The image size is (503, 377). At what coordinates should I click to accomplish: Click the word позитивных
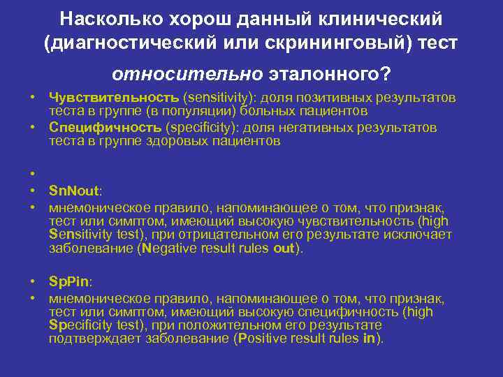328,97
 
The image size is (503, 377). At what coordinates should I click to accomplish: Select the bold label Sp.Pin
70,282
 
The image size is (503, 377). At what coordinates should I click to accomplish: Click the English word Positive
264,339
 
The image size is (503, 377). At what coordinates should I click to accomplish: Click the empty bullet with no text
33,172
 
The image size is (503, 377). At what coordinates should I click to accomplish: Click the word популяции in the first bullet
201,110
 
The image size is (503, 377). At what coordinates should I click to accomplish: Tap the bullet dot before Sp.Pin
33,282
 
